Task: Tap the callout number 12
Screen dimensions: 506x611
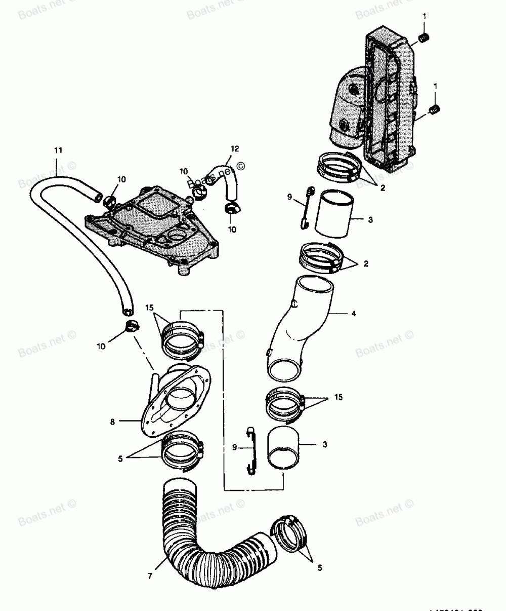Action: point(234,148)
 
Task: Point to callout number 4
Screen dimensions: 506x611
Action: point(354,314)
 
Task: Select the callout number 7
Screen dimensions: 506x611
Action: point(150,577)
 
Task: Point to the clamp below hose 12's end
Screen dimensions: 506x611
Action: point(233,207)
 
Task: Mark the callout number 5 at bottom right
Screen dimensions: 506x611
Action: point(319,568)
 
